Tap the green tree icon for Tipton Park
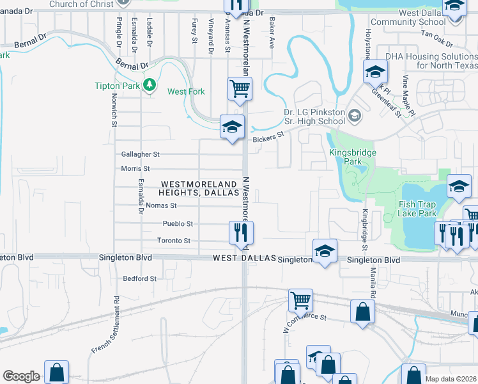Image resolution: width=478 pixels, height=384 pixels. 150,85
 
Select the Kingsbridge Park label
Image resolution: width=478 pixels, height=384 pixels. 353,157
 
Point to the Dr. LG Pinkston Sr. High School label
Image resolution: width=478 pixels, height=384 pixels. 314,116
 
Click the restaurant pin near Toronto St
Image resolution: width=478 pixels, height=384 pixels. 242,233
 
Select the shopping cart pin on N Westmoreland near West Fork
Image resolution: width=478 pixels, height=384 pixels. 240,88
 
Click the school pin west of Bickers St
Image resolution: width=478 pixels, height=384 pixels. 231,126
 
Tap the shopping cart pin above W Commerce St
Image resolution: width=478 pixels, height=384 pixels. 300,300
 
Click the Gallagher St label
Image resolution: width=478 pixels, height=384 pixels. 140,154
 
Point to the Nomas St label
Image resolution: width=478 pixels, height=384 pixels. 160,205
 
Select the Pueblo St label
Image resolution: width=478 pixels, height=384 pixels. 178,224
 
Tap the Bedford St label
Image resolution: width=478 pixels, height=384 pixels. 139,278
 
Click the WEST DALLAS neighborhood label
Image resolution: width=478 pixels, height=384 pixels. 243,258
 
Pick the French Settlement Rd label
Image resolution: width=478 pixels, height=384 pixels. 105,324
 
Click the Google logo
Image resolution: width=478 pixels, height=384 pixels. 21,376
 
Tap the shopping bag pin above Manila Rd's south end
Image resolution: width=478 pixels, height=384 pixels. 362,313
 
